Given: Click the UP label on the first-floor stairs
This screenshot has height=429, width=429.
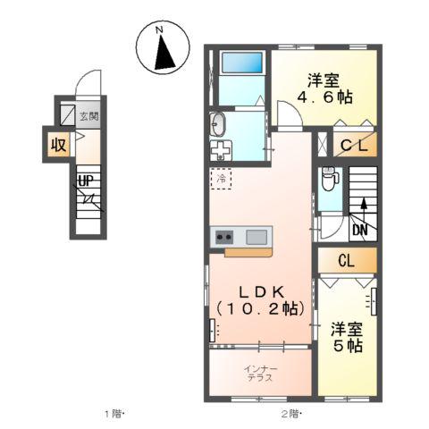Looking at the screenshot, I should pos(86,181).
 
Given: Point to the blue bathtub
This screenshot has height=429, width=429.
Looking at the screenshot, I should pos(241,64).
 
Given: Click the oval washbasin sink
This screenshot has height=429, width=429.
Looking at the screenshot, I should pos(219,123).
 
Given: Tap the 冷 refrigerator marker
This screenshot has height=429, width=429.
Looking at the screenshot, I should pos(222,178).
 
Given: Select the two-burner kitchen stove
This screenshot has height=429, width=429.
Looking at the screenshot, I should pos(223,238).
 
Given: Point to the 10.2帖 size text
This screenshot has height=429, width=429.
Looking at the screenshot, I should pos(260,308).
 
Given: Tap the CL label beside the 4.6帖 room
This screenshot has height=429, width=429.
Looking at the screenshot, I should pos(349,144).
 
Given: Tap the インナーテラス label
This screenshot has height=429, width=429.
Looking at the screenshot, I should pos(262,373).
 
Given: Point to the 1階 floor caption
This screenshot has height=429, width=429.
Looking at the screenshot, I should pos(114,413).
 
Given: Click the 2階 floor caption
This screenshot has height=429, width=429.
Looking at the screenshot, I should pos(291,413).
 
